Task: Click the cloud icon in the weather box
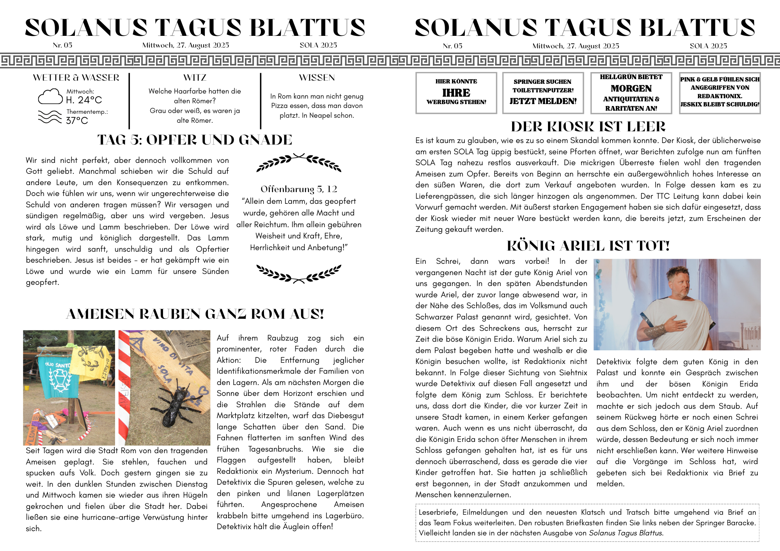tap(50, 97)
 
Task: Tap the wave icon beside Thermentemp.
tap(50, 117)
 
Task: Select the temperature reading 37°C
tap(77, 121)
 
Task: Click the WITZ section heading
tap(195, 78)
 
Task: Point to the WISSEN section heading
tap(317, 78)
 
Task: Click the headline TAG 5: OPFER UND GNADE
tap(195, 140)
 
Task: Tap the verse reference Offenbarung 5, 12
tap(299, 189)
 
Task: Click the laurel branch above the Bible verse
tap(299, 162)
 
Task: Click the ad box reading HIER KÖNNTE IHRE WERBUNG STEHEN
tap(456, 93)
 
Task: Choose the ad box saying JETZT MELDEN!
tap(543, 93)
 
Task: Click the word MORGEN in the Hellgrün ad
tap(631, 88)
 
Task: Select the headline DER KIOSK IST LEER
tap(588, 127)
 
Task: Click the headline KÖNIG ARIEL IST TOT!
tap(588, 246)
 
